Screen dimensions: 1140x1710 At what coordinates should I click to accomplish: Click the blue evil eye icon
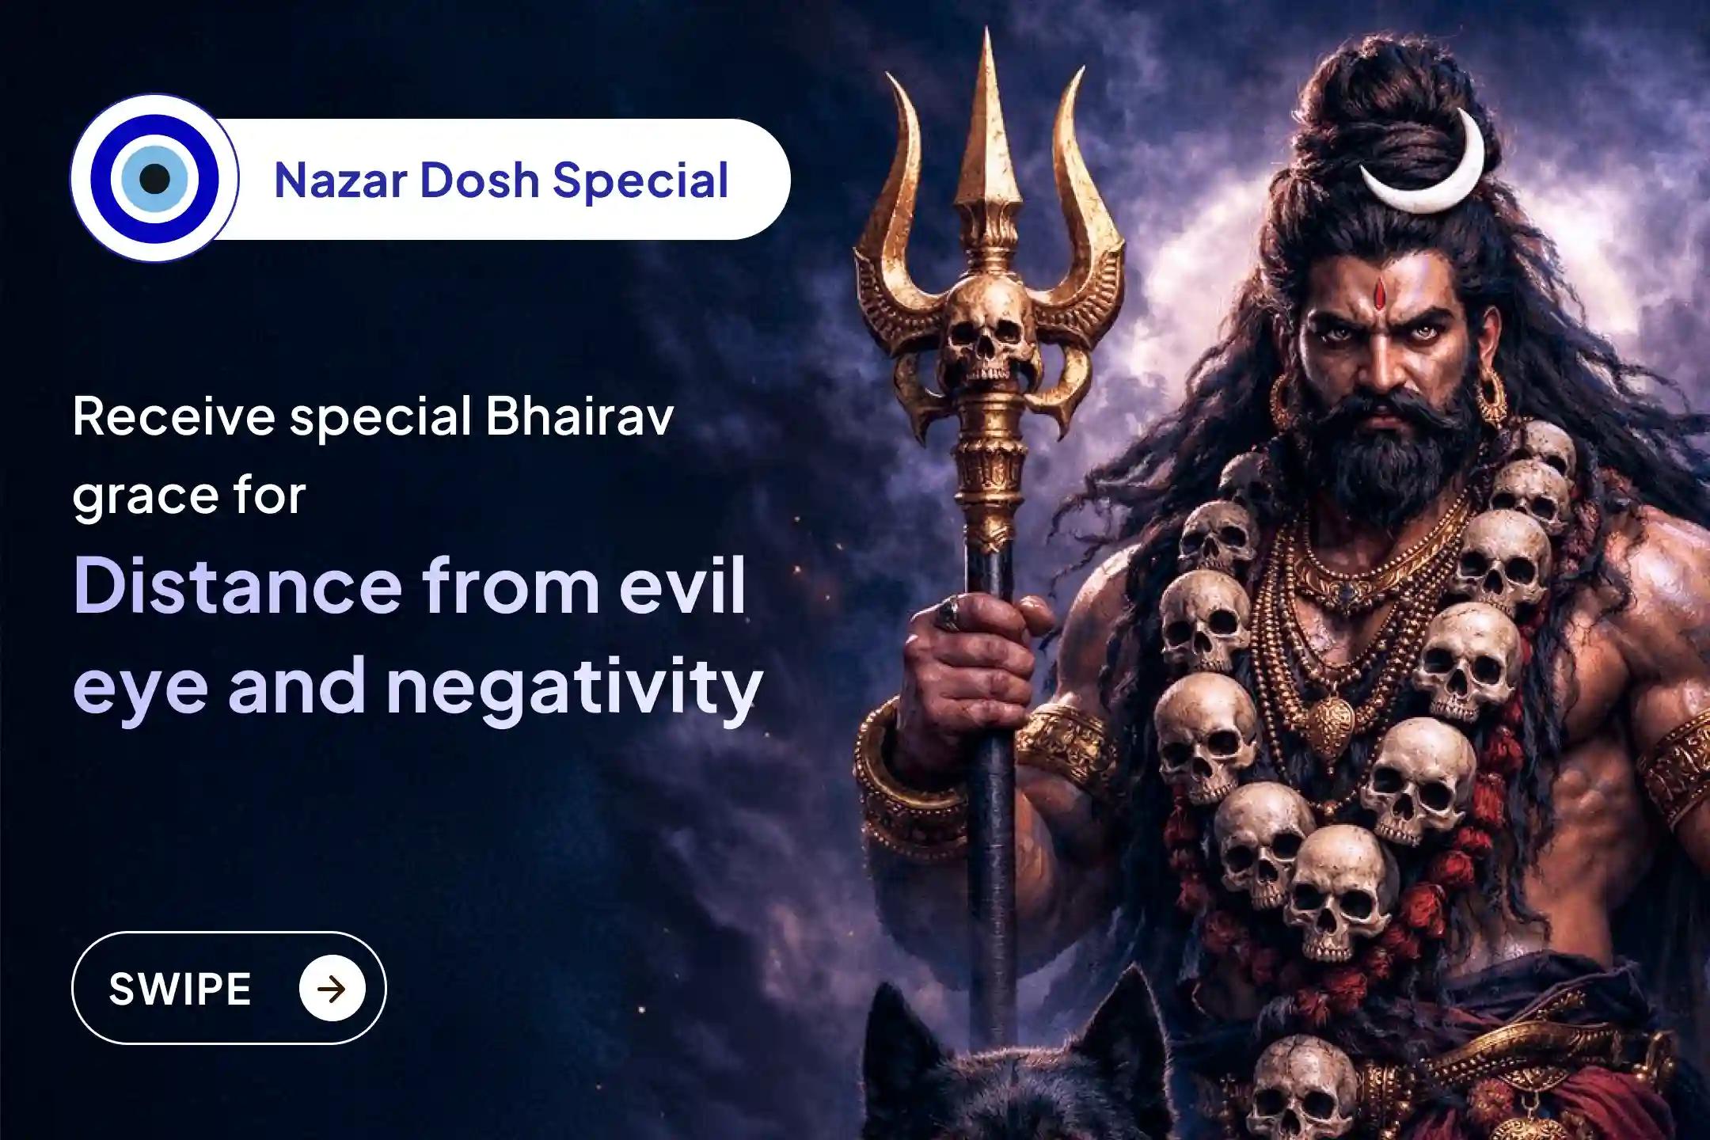tap(154, 178)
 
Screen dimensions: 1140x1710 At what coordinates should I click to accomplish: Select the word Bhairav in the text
tap(579, 416)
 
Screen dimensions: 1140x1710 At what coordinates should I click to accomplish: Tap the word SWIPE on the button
tap(180, 989)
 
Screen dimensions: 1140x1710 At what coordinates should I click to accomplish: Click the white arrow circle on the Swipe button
tap(332, 989)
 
